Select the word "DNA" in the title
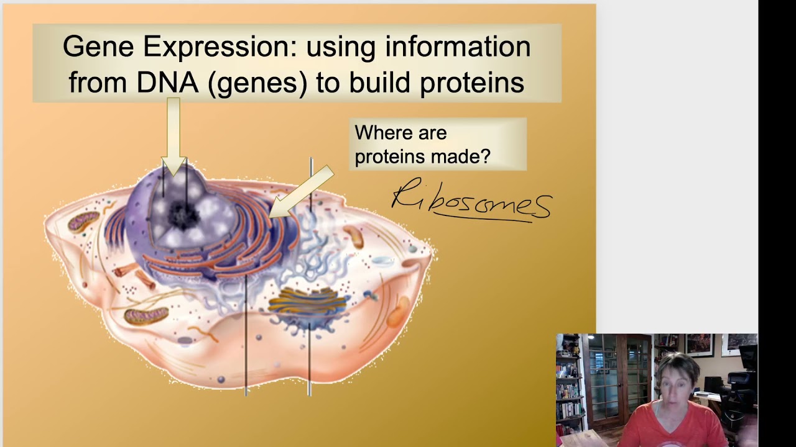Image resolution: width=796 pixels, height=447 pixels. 167,82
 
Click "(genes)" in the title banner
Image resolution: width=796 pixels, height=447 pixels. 257,83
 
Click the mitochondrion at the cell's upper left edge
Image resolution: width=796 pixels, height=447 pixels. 83,221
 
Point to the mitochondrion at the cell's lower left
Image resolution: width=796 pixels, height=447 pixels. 146,316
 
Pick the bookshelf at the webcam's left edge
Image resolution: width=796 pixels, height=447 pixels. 567,385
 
